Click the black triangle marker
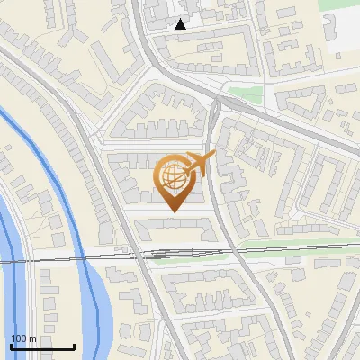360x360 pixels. tap(181, 24)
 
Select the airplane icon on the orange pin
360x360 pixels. tap(197, 165)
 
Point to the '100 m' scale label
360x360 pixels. tap(23, 338)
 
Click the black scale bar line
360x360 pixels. tap(42, 346)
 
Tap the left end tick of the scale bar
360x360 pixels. tap(11, 345)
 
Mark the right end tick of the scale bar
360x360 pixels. tap(74, 345)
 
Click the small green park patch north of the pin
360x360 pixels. tap(244, 94)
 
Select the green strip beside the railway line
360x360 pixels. tap(297, 245)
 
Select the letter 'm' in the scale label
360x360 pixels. tap(32, 338)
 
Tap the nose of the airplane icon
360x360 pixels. tap(213, 157)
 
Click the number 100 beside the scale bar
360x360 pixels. tap(19, 338)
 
